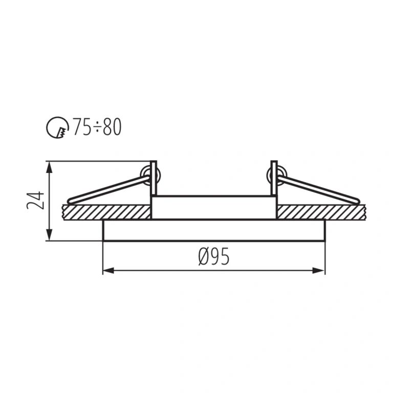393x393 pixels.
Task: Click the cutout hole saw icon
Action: [57, 127]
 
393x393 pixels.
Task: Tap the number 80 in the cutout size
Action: [112, 127]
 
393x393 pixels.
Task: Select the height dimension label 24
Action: [35, 200]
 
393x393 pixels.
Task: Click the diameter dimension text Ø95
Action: [213, 256]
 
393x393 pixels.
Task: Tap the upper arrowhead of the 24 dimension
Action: [50, 167]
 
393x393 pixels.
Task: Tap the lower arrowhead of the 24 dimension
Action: [50, 235]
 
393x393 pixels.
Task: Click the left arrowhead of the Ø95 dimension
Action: [108, 270]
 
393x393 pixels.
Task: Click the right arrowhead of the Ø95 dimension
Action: [319, 270]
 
